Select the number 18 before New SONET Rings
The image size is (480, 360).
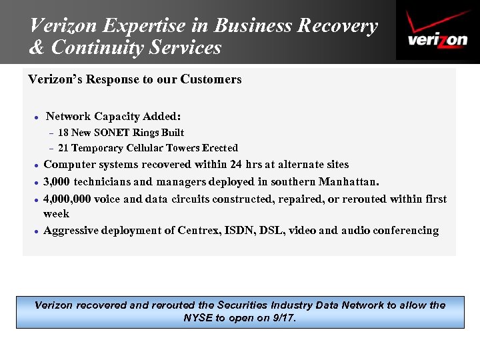coord(63,133)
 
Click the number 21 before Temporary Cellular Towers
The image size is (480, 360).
coord(63,148)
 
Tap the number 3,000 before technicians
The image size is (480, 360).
coord(57,181)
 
